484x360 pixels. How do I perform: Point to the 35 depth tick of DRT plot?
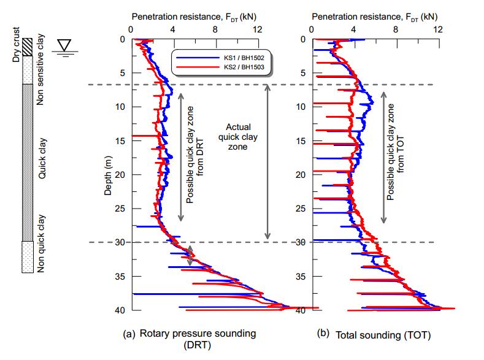[x=120, y=277]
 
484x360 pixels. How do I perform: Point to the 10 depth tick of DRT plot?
[x=120, y=107]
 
